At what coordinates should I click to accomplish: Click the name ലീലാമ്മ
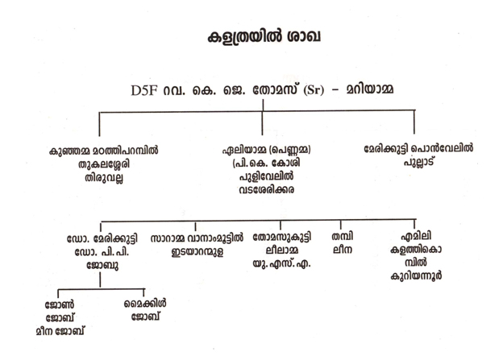point(280,251)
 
